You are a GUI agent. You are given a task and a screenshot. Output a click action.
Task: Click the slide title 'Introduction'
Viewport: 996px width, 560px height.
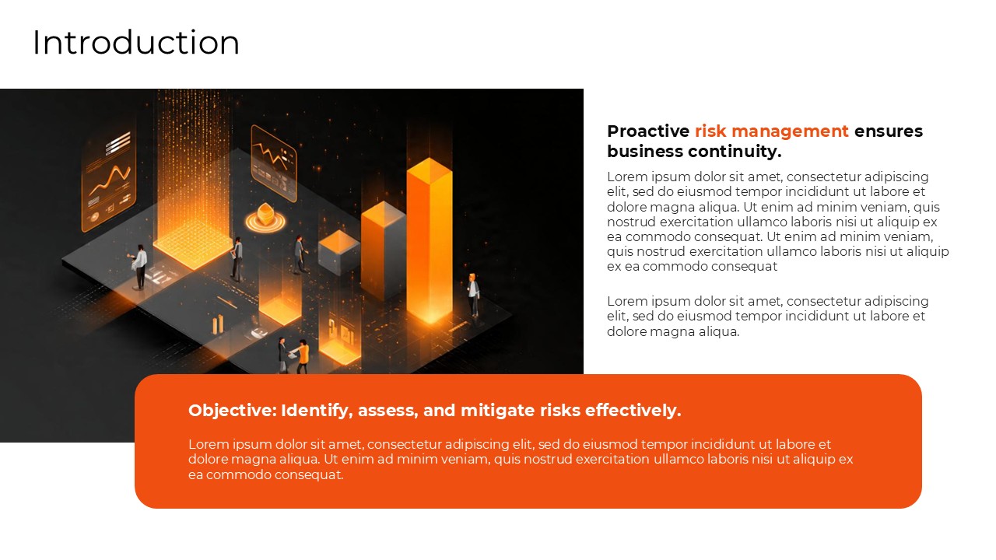[136, 43]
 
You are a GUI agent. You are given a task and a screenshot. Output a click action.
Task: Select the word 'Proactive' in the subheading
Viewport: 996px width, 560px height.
[648, 131]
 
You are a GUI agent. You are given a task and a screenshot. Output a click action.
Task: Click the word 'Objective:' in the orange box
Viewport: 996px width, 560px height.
[232, 411]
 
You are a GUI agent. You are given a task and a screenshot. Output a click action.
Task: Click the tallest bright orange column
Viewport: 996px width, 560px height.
[430, 241]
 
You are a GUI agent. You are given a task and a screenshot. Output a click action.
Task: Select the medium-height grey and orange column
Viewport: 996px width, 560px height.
[383, 249]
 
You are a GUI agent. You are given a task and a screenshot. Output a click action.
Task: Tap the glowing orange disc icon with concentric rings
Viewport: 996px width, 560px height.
[263, 218]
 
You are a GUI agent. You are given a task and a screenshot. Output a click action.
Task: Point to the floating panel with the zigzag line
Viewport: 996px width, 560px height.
[273, 163]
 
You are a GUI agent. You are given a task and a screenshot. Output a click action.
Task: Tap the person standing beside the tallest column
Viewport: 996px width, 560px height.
[472, 295]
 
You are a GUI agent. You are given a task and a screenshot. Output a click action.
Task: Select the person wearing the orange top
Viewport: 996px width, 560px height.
[302, 356]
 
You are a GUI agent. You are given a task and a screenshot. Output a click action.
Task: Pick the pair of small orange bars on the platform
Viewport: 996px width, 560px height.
[218, 324]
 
